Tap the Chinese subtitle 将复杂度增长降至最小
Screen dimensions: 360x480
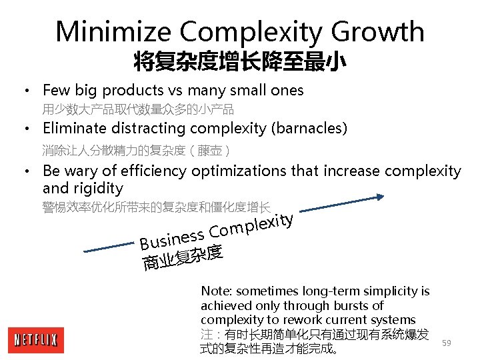pyautogui.click(x=239, y=63)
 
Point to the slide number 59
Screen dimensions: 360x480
pyautogui.click(x=447, y=343)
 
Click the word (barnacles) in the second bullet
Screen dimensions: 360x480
pyautogui.click(x=314, y=128)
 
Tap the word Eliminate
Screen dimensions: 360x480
pyautogui.click(x=73, y=128)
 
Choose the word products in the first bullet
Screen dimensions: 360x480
pyautogui.click(x=136, y=91)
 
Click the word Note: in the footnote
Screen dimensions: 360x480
pyautogui.click(x=217, y=291)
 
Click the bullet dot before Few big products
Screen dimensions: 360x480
pyautogui.click(x=25, y=91)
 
